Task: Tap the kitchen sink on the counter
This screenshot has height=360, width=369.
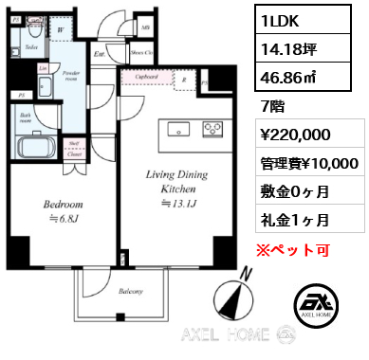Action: coord(175,126)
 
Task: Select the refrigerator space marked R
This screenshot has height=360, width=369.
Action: coord(187,80)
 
